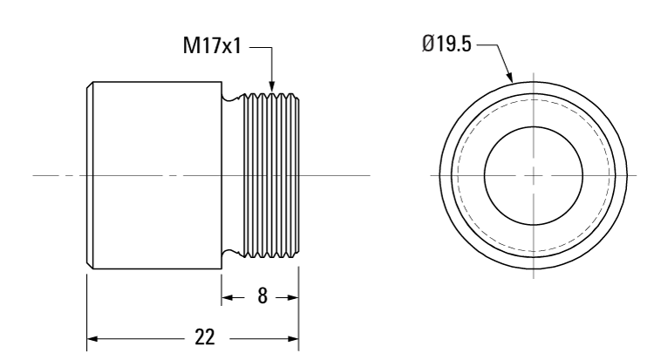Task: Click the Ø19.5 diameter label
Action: (446, 44)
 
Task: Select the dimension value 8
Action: (260, 297)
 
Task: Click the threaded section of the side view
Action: (270, 174)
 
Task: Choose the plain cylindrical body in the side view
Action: (153, 174)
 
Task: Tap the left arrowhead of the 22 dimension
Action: (91, 336)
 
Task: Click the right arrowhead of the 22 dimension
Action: (295, 336)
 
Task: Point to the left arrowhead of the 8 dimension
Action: (224, 297)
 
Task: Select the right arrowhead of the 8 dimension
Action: (295, 297)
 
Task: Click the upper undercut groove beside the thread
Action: (229, 98)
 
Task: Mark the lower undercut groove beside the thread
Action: (229, 252)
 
